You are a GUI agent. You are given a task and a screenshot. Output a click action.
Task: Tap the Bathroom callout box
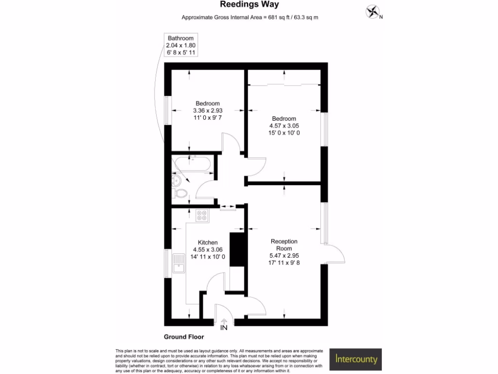point(180,45)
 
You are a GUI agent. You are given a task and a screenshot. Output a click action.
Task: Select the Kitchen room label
point(208,243)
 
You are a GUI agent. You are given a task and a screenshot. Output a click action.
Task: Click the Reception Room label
point(284,244)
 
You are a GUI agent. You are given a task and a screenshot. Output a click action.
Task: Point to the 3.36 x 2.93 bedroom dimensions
point(208,111)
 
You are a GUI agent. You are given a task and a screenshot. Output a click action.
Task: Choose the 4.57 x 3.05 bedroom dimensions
point(284,126)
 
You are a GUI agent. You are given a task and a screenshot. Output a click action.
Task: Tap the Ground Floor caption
point(184,337)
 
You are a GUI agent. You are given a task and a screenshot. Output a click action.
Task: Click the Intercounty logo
point(356,360)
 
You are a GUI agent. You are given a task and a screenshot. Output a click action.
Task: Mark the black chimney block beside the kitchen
point(236,249)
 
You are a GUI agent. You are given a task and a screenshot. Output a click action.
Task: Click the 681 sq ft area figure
point(274,18)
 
